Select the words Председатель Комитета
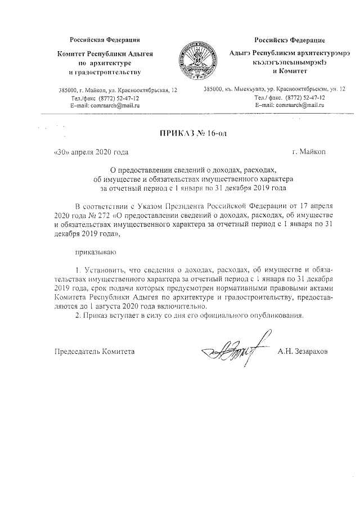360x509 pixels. (94, 352)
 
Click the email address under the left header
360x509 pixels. (105, 106)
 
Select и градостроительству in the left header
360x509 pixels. (105, 73)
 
